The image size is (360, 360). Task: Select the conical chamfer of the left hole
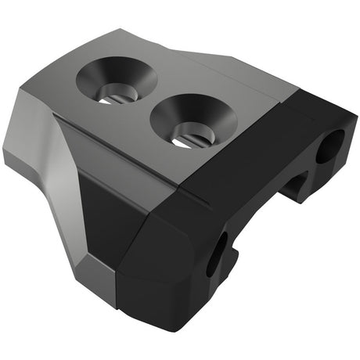(98, 74)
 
